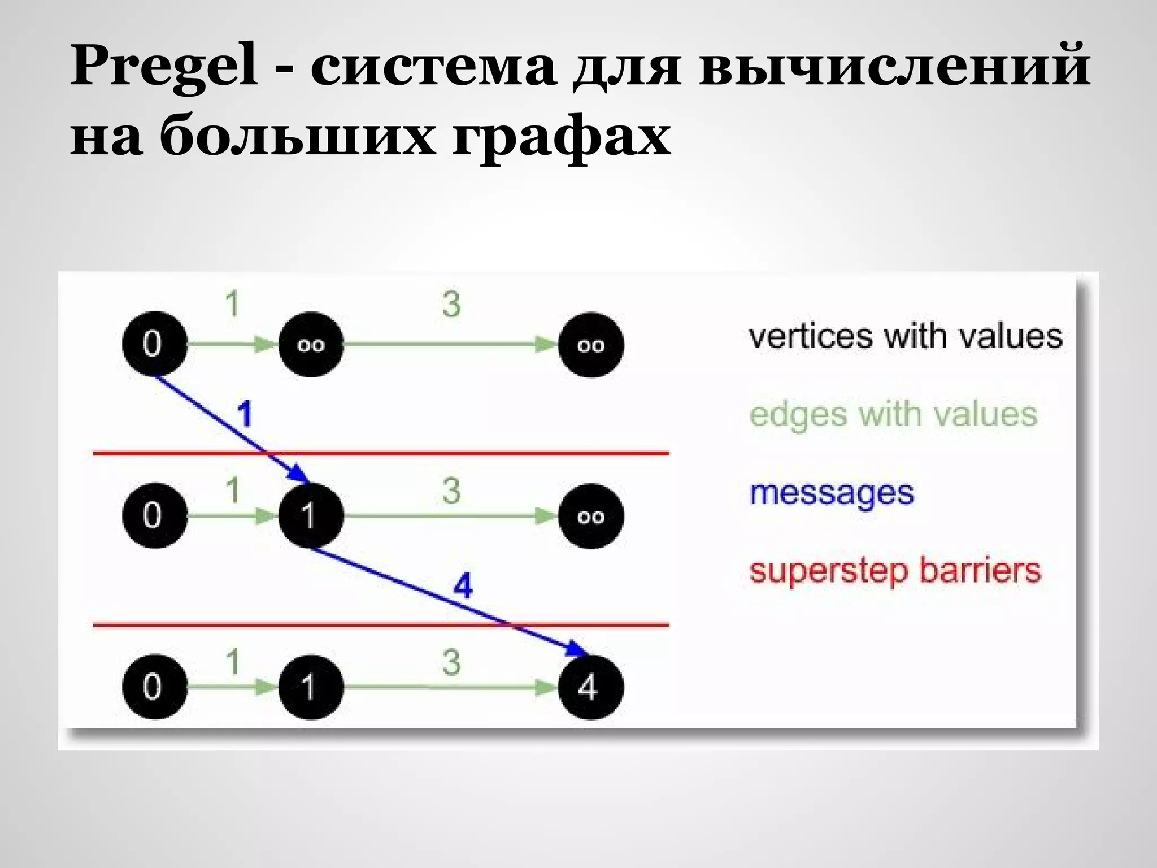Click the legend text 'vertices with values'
[906, 337]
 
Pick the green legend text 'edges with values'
[893, 415]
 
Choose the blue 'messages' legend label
[831, 493]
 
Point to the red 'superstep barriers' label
[895, 571]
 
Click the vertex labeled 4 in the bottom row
[590, 687]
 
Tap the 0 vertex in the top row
[154, 344]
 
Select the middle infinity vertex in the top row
[311, 345]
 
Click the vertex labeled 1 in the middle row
[310, 515]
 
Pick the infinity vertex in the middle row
[590, 516]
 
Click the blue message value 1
[245, 414]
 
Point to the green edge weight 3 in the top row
[451, 304]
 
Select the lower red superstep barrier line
[339, 625]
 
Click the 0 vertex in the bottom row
[154, 687]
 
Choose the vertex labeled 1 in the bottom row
[310, 687]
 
